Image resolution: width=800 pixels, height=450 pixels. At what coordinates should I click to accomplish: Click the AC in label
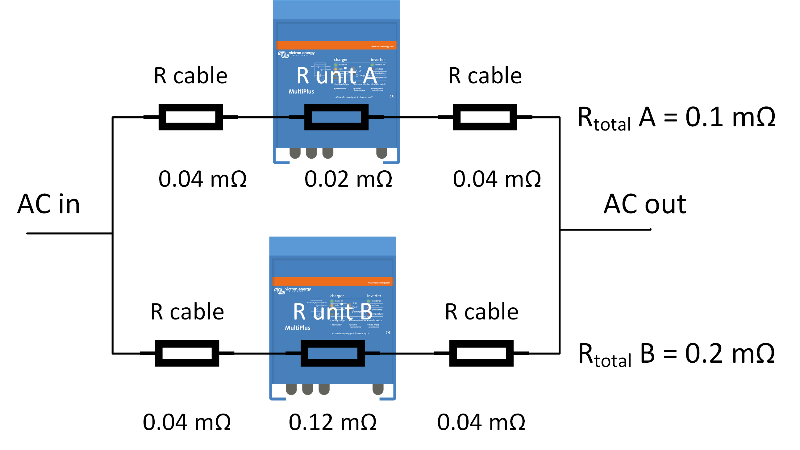pos(49,204)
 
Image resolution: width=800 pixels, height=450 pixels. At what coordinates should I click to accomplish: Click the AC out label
pos(644,204)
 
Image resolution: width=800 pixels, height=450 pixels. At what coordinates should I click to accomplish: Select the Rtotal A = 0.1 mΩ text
pos(676,118)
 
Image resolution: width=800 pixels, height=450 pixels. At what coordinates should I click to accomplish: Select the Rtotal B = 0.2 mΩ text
pos(676,354)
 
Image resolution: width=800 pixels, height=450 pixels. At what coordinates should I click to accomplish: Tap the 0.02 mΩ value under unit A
pos(348,179)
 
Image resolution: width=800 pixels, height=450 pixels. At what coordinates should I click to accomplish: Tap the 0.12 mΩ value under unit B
pos(332,422)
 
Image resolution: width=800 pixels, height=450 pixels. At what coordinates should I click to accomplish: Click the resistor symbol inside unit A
pos(336,117)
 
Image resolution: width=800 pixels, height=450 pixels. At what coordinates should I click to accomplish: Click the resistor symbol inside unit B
pos(332,353)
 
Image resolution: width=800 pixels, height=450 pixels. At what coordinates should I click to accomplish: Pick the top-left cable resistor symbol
pos(190,117)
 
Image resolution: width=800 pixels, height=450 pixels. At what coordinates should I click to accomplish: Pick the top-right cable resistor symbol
pos(485,117)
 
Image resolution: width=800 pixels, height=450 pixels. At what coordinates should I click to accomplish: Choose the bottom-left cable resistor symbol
pos(187,353)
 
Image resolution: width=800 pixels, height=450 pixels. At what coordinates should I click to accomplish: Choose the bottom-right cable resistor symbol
pos(481,353)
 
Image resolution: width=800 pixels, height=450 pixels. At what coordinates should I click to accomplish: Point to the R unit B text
pos(332,312)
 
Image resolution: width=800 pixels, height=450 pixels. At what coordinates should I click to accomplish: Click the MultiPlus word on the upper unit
pos(301,92)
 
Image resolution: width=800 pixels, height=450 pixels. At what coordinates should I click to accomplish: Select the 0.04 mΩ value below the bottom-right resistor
pos(481,422)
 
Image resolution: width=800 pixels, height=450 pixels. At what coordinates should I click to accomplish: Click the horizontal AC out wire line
pos(606,230)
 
